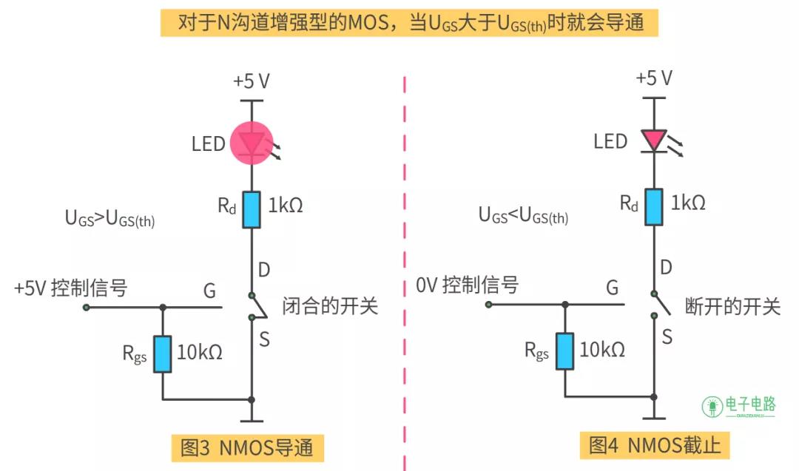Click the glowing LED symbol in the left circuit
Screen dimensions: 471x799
click(252, 143)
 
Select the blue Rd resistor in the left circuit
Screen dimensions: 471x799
click(252, 209)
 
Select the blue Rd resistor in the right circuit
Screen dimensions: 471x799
click(654, 207)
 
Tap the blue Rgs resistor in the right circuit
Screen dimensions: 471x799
click(564, 351)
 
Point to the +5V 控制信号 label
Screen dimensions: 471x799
click(70, 288)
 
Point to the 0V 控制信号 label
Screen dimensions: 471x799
click(467, 285)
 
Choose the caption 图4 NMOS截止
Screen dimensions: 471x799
click(655, 445)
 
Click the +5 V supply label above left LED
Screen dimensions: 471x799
click(252, 81)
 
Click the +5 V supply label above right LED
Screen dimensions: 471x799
click(654, 78)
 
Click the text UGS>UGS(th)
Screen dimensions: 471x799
click(109, 219)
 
